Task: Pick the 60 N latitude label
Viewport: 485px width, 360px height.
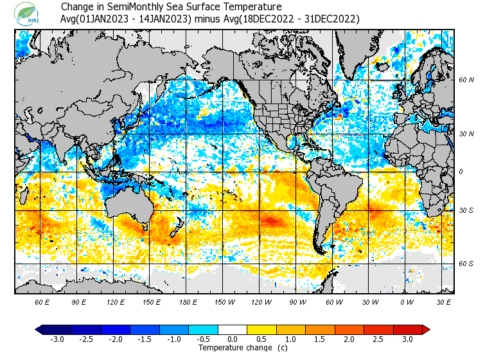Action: [x=466, y=80]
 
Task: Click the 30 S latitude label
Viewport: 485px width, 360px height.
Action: [x=466, y=211]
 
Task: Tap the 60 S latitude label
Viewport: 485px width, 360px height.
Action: [x=466, y=264]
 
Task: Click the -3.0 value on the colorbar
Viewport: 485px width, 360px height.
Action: [x=57, y=339]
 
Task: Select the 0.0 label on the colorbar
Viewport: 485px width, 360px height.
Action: [x=233, y=339]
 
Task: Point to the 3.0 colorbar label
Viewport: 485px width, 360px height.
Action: [x=408, y=339]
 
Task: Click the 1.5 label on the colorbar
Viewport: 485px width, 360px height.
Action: [x=320, y=339]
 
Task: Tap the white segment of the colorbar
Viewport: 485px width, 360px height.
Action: [x=233, y=329]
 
